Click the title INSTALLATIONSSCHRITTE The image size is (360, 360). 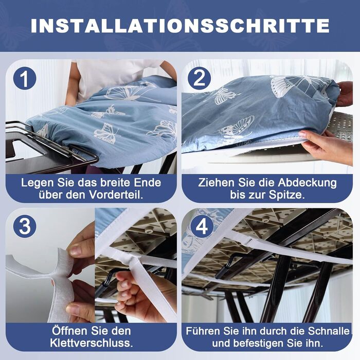pos(180,26)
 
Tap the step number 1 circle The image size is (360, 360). pos(25,78)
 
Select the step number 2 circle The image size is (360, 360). pos(200,78)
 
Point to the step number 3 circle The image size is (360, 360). pos(25,226)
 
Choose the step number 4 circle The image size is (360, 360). pos(202,227)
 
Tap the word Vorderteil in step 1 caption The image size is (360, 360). pos(116,195)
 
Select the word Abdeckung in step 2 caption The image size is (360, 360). pos(307,183)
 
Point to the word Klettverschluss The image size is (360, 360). pos(92,343)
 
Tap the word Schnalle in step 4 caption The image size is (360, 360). pos(329,331)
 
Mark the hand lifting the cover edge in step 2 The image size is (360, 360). pos(327,147)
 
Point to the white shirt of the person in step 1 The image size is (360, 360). pos(110,78)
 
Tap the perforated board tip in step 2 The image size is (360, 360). pos(340,127)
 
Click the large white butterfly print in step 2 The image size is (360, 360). pos(298,85)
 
